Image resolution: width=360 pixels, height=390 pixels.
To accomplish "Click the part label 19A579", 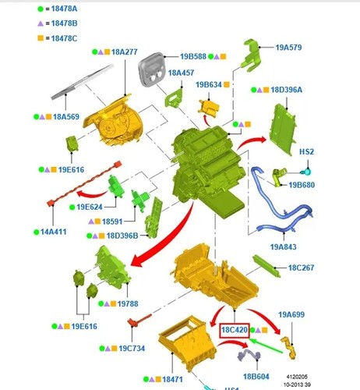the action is click(288, 48).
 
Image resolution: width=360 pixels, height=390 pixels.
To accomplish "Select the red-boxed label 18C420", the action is click(235, 331).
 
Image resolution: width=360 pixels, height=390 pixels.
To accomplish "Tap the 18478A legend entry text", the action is click(64, 9).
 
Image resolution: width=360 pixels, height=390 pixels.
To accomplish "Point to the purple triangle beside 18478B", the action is click(41, 23).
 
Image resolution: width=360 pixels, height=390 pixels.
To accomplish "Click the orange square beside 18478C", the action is click(41, 38).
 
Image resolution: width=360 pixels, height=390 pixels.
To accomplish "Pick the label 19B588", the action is click(193, 56).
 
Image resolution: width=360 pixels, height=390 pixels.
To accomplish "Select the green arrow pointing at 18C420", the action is click(266, 346).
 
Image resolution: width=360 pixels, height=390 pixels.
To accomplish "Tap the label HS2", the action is click(306, 151).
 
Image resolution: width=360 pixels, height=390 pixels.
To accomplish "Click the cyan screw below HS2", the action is click(306, 172).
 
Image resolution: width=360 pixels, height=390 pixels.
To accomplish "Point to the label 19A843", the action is click(283, 246).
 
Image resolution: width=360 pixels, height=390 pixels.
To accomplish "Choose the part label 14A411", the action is click(54, 232).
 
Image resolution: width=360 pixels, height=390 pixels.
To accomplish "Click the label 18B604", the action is click(256, 376).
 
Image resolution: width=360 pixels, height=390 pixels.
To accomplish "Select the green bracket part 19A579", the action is click(250, 55).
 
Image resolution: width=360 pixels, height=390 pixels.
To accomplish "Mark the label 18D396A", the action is click(287, 90).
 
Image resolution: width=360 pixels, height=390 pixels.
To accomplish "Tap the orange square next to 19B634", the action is click(227, 84).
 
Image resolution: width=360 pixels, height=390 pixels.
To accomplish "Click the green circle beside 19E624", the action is click(72, 207).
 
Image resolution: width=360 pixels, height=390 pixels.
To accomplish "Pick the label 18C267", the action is click(301, 268).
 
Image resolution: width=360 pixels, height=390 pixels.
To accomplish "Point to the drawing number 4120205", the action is click(297, 377).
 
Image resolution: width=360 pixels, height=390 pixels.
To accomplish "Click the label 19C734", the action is click(132, 349).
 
